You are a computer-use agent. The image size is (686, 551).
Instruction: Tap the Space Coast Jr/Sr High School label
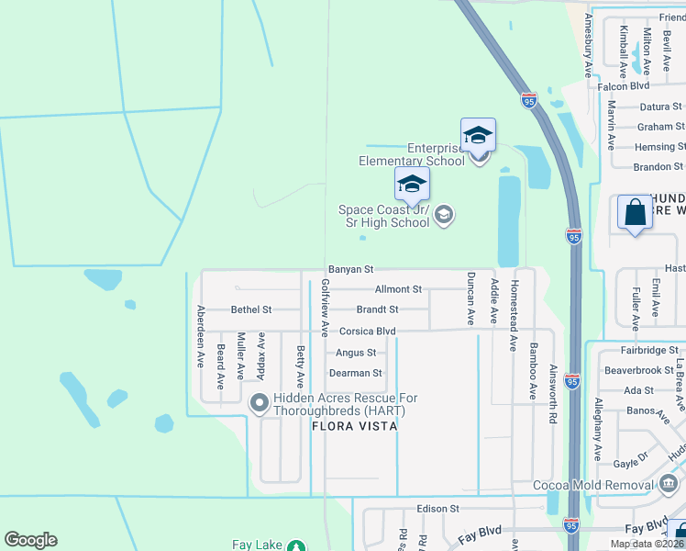[383, 216]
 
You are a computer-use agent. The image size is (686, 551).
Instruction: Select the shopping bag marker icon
[635, 214]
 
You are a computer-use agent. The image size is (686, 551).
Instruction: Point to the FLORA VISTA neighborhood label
[354, 426]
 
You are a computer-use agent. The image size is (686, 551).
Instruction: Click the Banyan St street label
[351, 270]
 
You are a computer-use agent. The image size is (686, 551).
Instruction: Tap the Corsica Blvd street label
[367, 331]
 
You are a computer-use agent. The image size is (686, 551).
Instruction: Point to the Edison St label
[437, 509]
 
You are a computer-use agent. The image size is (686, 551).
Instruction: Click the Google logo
[30, 540]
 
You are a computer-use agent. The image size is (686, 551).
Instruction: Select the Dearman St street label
[356, 373]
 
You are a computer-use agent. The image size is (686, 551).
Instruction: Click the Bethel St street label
[251, 310]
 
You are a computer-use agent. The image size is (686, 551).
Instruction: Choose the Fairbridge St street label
[647, 350]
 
